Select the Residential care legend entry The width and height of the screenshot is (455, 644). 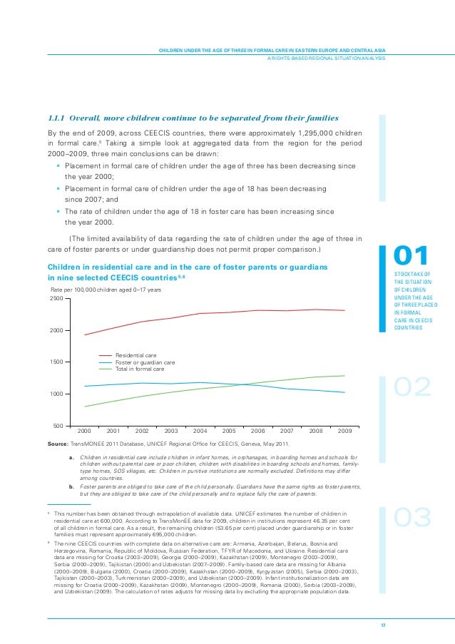[x=136, y=354]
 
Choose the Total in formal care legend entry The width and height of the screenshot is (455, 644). [x=140, y=369]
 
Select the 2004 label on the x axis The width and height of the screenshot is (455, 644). [x=200, y=431]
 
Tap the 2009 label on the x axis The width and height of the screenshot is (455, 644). [x=345, y=431]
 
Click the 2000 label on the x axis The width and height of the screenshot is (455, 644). [x=83, y=431]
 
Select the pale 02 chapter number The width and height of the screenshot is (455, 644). [x=413, y=387]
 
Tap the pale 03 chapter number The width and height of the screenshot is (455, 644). [x=413, y=518]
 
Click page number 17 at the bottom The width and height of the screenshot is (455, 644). [x=383, y=625]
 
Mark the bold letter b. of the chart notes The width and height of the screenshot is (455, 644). [x=72, y=486]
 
